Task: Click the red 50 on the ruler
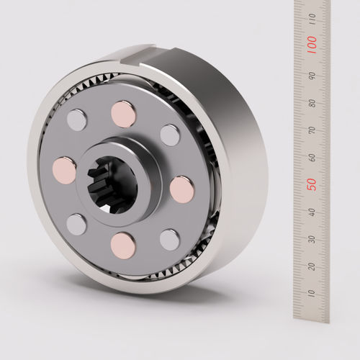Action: (x=312, y=184)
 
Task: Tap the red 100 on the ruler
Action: (x=312, y=45)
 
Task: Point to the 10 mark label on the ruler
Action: (x=312, y=293)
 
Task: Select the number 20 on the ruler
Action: (x=312, y=266)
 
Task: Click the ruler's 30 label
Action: (x=312, y=240)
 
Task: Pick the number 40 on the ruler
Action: (x=312, y=212)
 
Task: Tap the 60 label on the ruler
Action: (x=312, y=158)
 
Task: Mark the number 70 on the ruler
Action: (x=312, y=130)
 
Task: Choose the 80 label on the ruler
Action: (x=312, y=103)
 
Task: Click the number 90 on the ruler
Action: (x=312, y=76)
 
